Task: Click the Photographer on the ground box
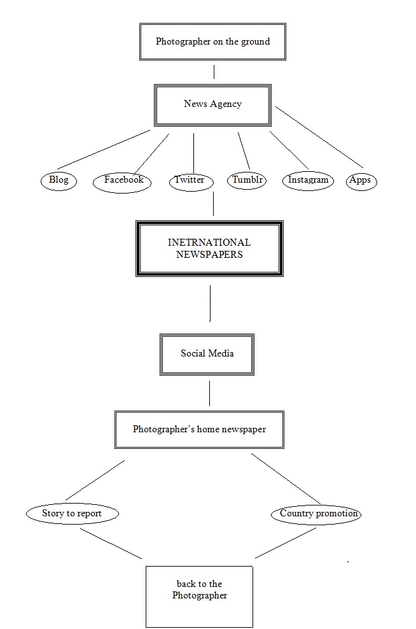coord(212,42)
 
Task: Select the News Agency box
coord(212,104)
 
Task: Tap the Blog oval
coord(59,180)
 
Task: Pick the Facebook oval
coord(123,181)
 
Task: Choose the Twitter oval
coord(190,181)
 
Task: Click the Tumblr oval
coord(247,180)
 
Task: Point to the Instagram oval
coord(308,180)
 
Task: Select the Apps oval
coord(360,181)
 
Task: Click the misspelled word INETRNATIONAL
coord(209,243)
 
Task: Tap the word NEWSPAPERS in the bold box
coord(209,254)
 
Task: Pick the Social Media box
coord(207,353)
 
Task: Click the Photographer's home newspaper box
coord(199,430)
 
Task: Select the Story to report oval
coord(72,513)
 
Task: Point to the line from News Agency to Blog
coord(103,150)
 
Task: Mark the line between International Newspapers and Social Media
coord(210,304)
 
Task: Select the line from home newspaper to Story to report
coord(95,480)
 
